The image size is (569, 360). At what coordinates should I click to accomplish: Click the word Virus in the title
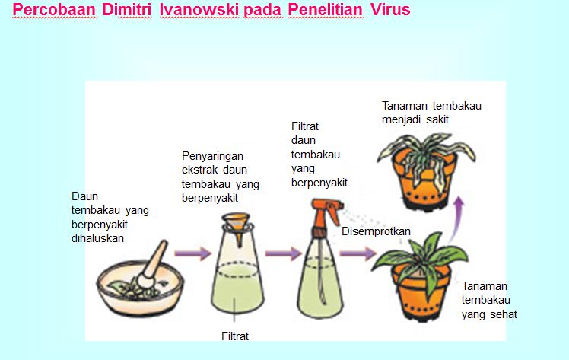tap(390, 11)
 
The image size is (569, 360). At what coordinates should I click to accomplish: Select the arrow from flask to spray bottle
tap(281, 253)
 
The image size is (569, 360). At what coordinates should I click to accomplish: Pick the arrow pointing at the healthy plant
tap(363, 253)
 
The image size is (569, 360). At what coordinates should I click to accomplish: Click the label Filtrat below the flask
tap(235, 335)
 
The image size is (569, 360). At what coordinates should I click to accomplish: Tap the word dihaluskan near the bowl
tap(97, 237)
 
